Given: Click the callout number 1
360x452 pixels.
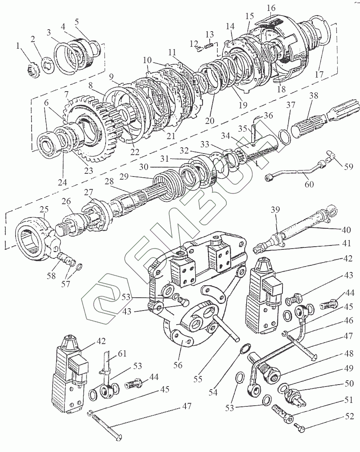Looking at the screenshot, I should (18, 46).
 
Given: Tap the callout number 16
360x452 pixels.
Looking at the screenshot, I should (271, 8).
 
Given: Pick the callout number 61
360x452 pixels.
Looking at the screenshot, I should (123, 353).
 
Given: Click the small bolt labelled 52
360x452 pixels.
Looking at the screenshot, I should (300, 428).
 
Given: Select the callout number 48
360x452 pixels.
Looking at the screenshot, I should (349, 354).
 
